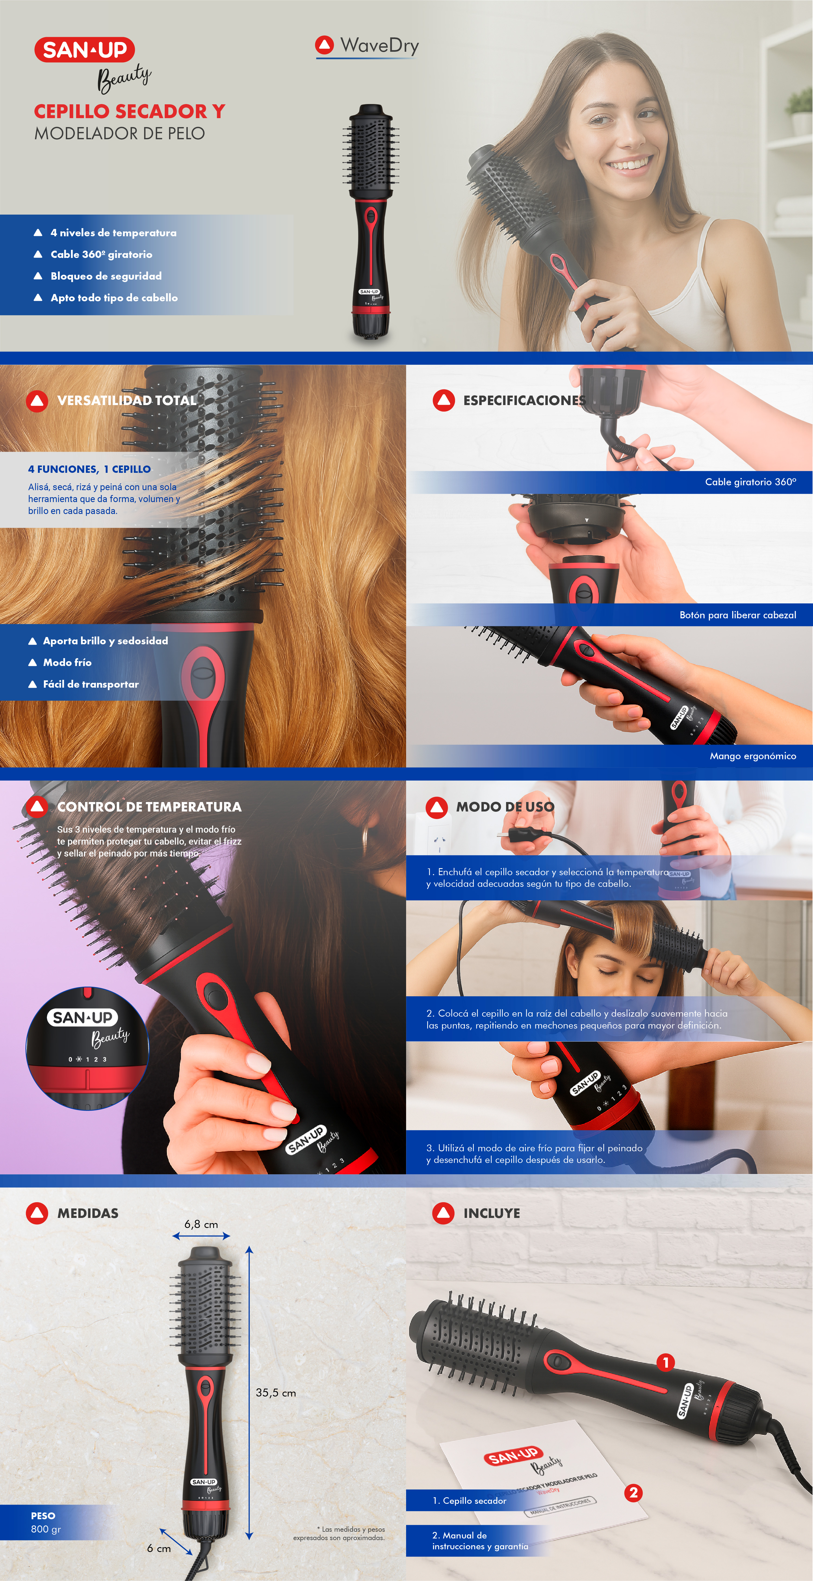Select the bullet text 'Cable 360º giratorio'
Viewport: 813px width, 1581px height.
tap(101, 254)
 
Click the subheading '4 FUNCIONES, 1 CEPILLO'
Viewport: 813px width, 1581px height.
tap(89, 469)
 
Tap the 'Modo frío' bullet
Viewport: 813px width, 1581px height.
tap(67, 662)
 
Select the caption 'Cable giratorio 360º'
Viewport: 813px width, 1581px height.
tap(750, 482)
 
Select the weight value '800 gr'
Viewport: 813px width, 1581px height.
tap(46, 1529)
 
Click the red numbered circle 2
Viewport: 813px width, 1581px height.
tap(633, 1493)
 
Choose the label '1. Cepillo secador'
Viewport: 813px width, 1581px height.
tap(469, 1501)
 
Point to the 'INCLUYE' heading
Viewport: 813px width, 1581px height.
tap(491, 1213)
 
